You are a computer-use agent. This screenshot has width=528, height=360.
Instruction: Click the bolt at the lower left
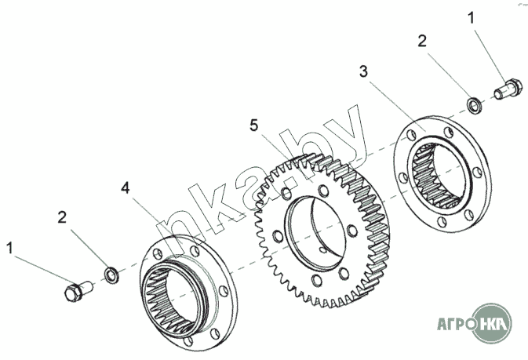pyautogui.click(x=77, y=292)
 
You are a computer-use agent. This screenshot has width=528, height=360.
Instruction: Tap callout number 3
pyautogui.click(x=363, y=71)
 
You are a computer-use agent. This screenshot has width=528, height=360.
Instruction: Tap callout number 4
pyautogui.click(x=126, y=187)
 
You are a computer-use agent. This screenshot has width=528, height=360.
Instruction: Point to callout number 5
pyautogui.click(x=253, y=125)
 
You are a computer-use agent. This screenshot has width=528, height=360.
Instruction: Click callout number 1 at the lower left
pyautogui.click(x=10, y=249)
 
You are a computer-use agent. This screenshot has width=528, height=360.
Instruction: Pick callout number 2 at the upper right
pyautogui.click(x=422, y=41)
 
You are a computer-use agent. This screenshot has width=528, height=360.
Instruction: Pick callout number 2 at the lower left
pyautogui.click(x=62, y=217)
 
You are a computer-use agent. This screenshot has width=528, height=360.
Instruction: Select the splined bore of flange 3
pyautogui.click(x=439, y=176)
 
